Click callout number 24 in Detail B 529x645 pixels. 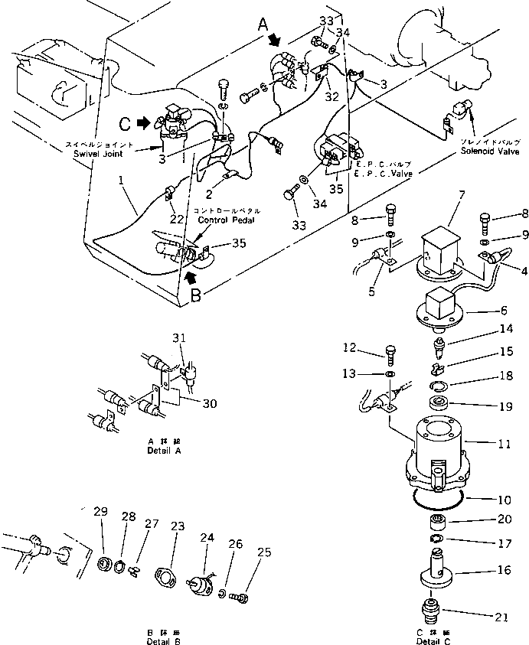pyautogui.click(x=207, y=538)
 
